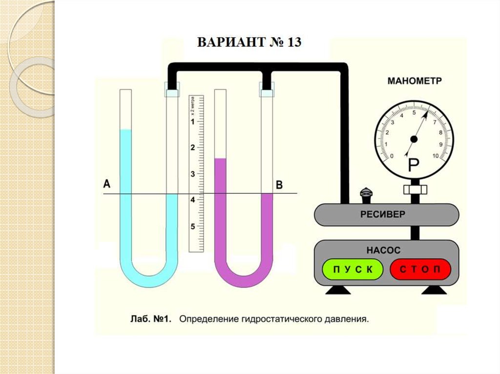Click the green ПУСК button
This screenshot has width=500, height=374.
coord(351,269)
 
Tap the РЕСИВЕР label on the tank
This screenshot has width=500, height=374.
coord(383,214)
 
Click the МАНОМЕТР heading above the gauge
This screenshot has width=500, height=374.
coord(415,81)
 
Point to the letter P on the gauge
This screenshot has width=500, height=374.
coord(413,166)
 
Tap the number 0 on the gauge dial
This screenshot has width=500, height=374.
coord(392,156)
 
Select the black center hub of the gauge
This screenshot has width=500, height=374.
coord(414,139)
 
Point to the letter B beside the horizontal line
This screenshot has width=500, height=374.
coord(279,185)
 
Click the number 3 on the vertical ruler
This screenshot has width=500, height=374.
coord(193,174)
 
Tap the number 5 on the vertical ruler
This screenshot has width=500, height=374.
coord(193,227)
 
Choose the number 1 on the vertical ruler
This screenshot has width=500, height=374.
coord(193,121)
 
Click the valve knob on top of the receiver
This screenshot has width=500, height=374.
coord(366,194)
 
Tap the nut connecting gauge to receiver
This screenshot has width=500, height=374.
coord(415,189)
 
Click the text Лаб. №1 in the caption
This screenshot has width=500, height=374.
coord(149,320)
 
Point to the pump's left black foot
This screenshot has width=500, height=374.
coord(338,290)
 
